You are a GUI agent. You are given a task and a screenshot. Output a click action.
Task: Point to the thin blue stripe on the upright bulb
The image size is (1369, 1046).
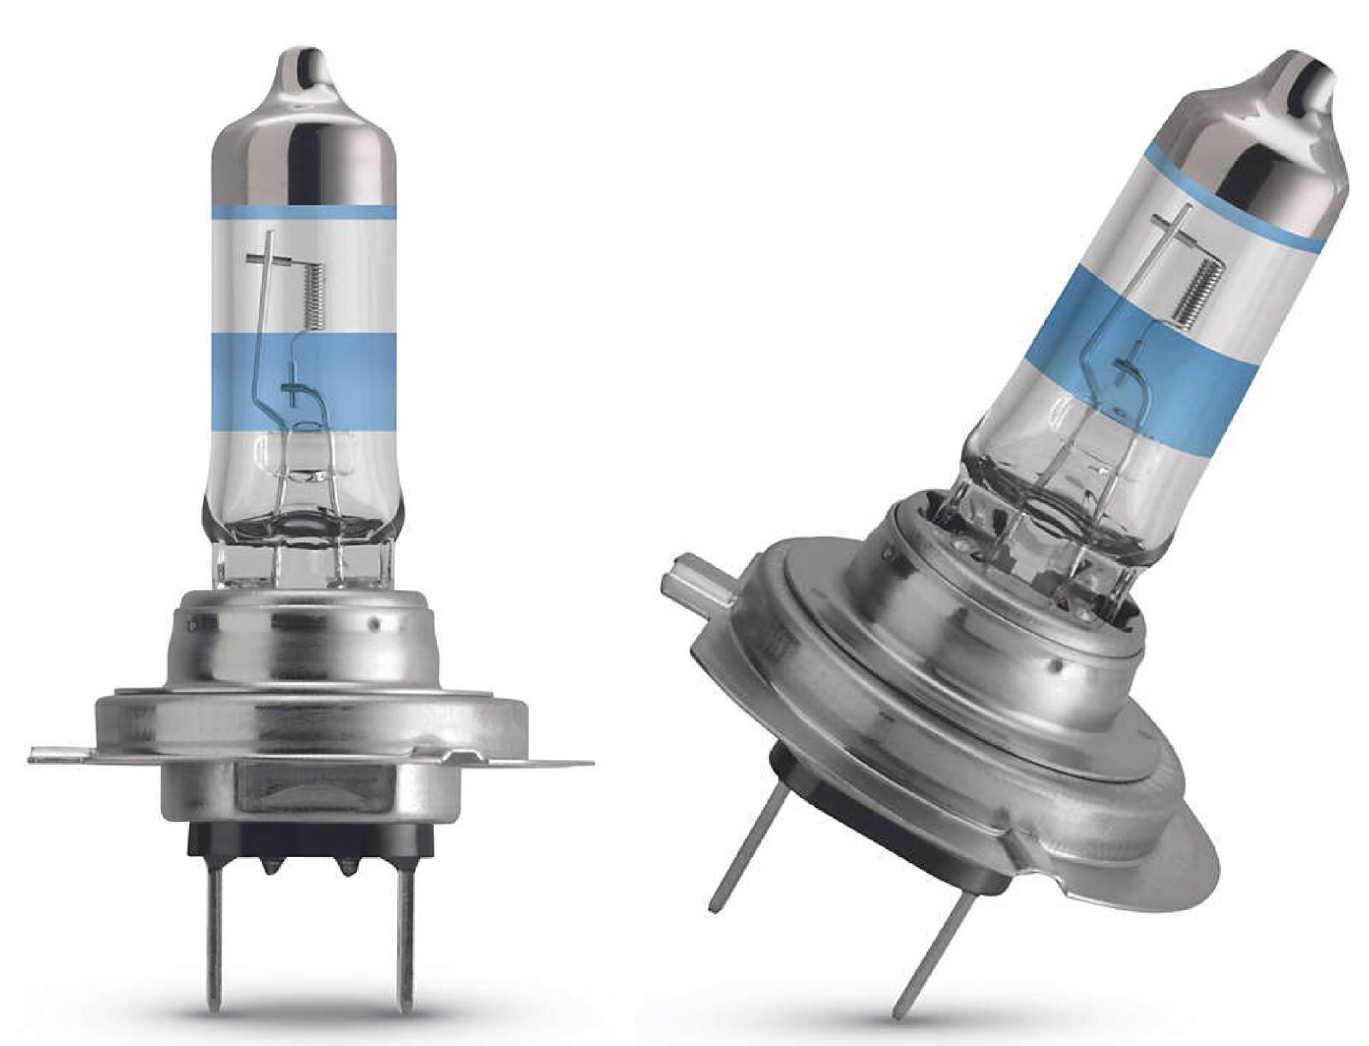(303, 211)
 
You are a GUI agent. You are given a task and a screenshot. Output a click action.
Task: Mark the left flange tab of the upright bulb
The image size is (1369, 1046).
(64, 754)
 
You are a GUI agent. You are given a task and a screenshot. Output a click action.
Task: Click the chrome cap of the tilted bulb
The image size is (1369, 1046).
(1266, 145)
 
